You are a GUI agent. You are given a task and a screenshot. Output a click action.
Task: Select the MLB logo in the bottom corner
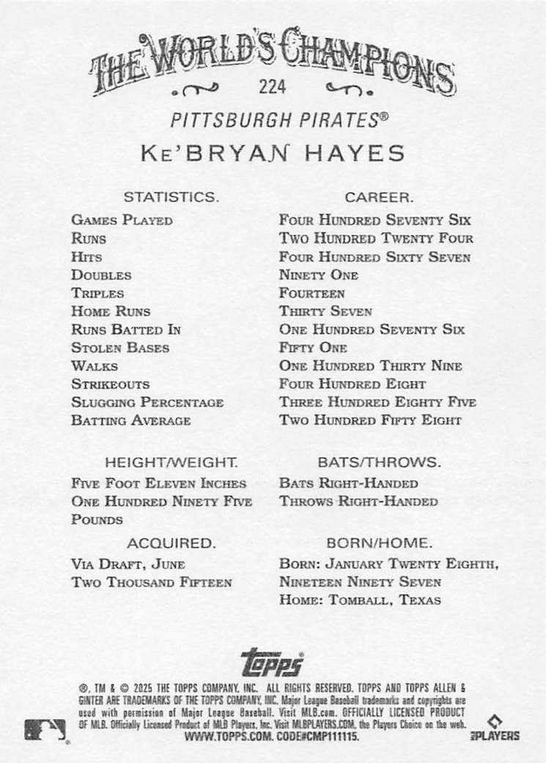click(45, 729)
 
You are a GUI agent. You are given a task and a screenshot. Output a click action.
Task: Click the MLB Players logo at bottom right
click(502, 729)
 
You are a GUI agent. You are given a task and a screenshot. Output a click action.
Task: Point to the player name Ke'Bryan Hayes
click(273, 154)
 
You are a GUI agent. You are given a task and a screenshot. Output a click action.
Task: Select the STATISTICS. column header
click(171, 197)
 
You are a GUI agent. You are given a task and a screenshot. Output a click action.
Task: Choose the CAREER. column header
click(379, 197)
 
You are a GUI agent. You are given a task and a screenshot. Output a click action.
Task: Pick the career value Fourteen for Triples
click(311, 293)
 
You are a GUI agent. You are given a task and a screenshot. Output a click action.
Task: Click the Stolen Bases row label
click(120, 348)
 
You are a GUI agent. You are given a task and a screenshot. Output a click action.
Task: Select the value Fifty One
click(313, 348)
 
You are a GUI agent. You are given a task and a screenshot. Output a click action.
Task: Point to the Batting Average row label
click(131, 420)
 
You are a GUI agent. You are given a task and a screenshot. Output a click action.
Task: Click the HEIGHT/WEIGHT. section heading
click(171, 463)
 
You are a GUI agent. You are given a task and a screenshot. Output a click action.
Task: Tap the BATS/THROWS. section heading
click(379, 463)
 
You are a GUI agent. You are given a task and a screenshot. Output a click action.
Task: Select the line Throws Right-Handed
click(358, 502)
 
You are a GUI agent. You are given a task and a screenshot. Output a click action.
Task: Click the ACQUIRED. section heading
click(171, 543)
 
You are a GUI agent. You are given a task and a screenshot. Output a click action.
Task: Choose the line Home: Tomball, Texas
click(360, 600)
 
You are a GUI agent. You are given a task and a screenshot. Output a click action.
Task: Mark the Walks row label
click(95, 366)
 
